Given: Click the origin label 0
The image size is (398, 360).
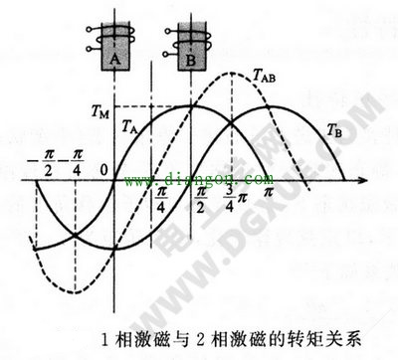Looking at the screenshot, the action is tap(102, 167).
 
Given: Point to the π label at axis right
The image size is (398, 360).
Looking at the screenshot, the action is tap(267, 191).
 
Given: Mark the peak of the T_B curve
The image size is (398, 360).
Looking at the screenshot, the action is tap(269, 106).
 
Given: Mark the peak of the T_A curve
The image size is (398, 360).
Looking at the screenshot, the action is tap(192, 106).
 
